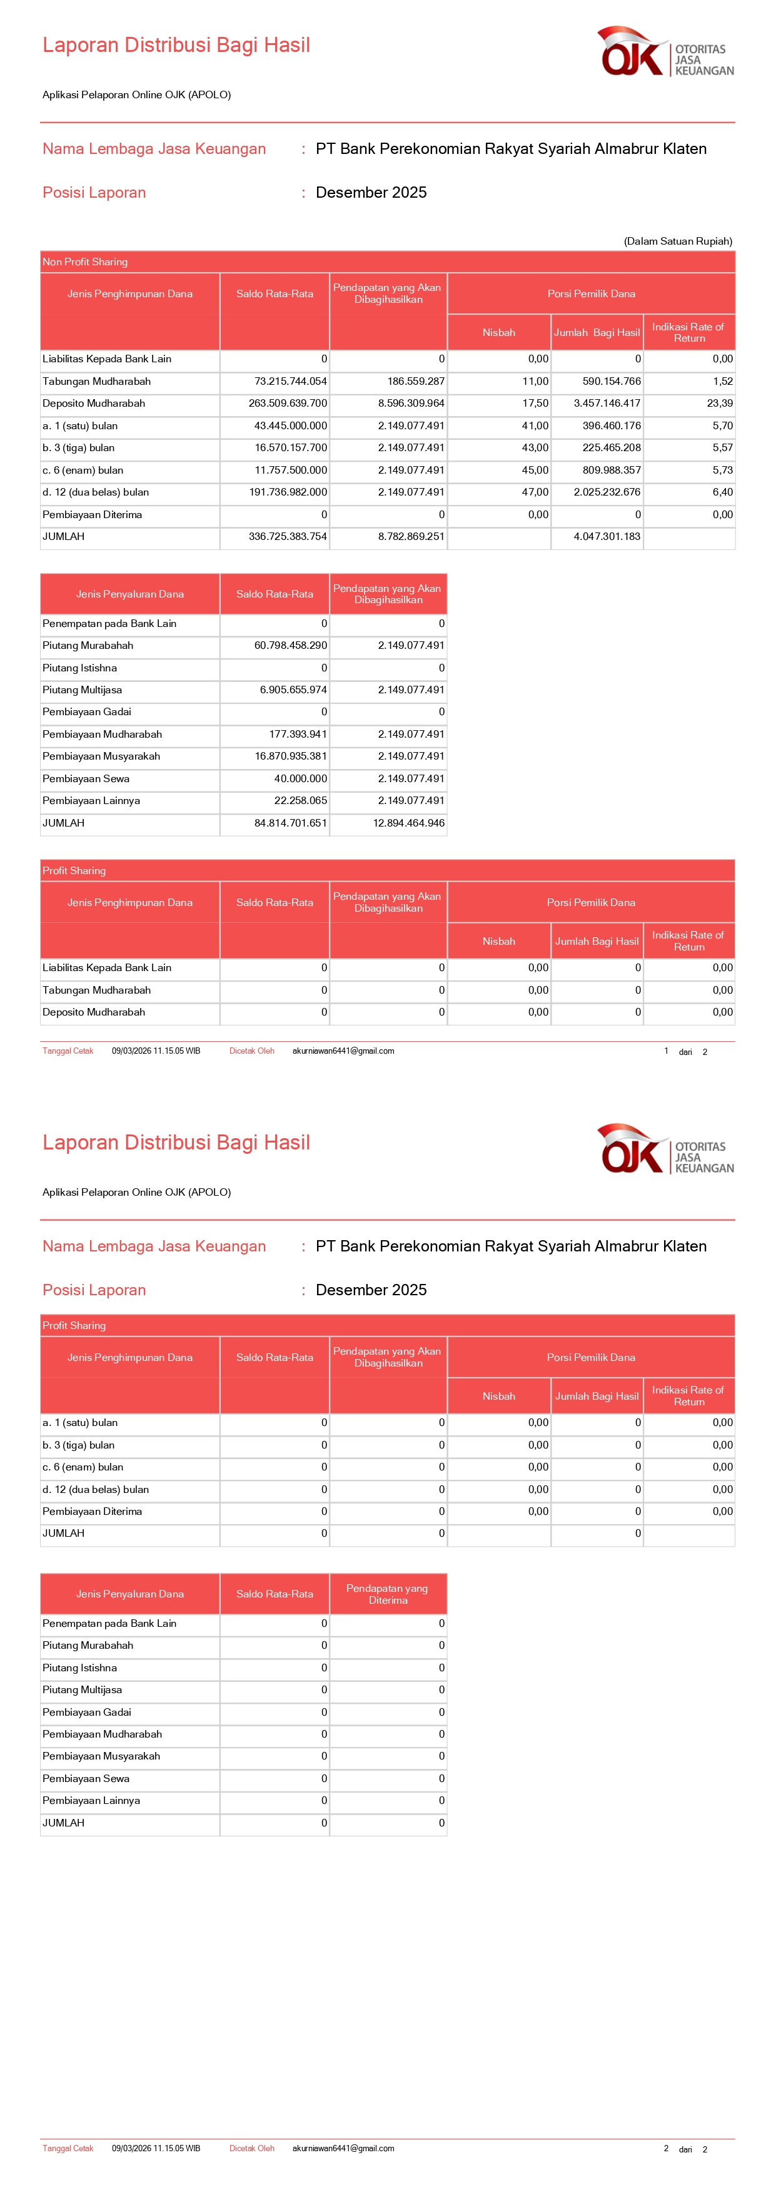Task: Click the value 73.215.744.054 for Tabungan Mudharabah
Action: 291,381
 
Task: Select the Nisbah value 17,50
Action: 535,403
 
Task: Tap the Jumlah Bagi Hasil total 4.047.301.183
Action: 607,536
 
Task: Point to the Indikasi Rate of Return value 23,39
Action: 719,403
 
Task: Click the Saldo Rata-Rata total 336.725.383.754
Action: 287,536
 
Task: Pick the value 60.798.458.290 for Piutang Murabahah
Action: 291,645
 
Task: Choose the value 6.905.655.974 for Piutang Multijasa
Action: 293,690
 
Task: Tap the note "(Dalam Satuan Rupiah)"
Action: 677,241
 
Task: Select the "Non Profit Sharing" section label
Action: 85,262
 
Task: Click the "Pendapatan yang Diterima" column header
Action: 388,1594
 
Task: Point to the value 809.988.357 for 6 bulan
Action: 612,469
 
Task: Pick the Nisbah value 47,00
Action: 535,492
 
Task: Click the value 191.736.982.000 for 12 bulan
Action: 288,492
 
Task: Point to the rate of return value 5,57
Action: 722,447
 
